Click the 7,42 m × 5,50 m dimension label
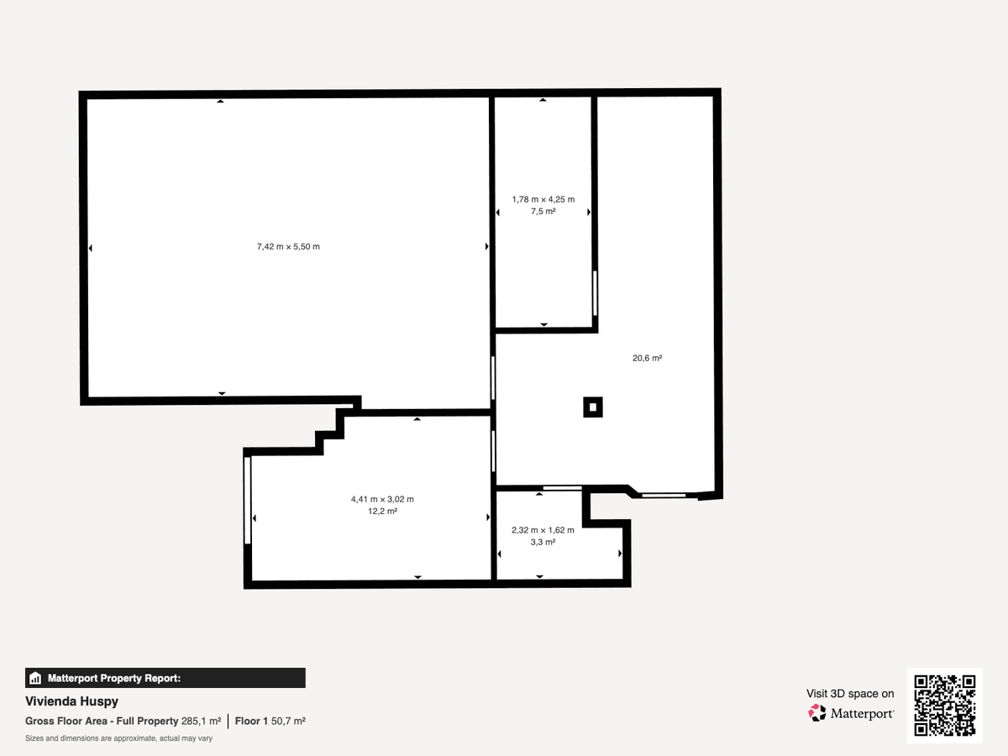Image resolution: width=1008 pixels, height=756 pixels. [288, 246]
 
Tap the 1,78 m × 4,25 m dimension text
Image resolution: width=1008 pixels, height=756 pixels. [543, 199]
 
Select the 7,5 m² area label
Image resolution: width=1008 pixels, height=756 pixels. [543, 211]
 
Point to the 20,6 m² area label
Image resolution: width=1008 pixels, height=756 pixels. [647, 358]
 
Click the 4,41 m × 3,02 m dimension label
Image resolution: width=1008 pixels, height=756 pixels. [382, 499]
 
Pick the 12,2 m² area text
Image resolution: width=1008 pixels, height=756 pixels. [382, 511]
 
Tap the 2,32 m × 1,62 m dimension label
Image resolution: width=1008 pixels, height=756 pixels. [543, 530]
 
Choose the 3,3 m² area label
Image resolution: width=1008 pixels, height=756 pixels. [543, 542]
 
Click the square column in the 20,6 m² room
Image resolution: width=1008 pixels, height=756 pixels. [593, 407]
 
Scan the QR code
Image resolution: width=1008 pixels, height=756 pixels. [945, 705]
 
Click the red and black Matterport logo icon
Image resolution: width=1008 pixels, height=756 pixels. [817, 713]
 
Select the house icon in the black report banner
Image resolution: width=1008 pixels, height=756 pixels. [35, 678]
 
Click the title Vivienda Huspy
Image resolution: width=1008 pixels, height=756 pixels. [71, 701]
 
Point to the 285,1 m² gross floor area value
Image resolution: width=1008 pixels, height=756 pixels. [201, 721]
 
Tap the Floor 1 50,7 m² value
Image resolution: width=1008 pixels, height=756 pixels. [270, 721]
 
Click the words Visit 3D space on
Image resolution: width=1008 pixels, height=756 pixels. [850, 694]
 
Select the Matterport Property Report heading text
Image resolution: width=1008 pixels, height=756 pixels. [114, 678]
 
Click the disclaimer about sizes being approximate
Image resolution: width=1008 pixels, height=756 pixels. [118, 738]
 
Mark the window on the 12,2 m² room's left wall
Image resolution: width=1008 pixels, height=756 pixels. [248, 501]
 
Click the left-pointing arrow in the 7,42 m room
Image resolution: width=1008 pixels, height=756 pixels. [91, 249]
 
